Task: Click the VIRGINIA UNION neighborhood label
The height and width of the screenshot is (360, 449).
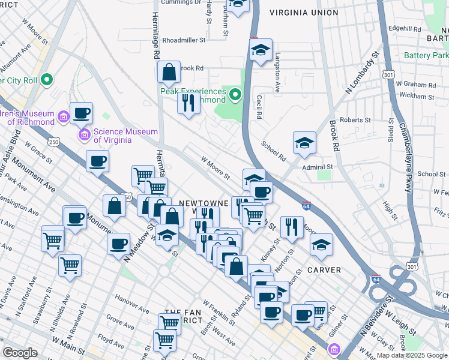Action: coord(304,13)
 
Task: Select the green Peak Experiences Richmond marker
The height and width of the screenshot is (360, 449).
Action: coord(235,94)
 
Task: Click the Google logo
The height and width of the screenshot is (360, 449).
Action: coord(20,353)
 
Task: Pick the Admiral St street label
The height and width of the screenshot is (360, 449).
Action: coord(317,167)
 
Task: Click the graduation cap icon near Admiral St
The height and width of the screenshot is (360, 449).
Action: coord(304,143)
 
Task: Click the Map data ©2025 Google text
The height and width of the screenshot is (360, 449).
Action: coord(411,355)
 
